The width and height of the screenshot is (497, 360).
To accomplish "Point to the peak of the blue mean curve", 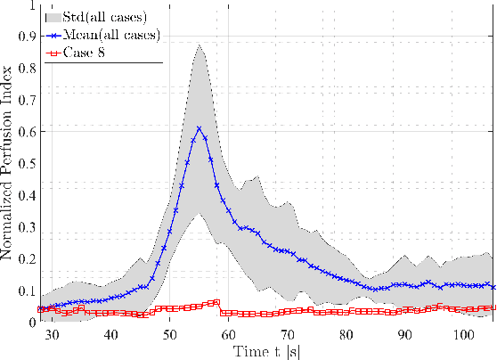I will click(199, 128).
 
